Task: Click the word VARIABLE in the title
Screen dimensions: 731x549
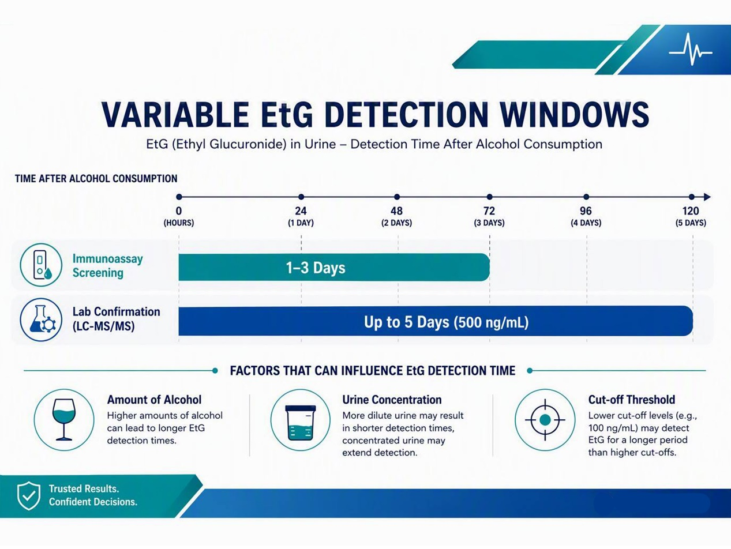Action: (175, 114)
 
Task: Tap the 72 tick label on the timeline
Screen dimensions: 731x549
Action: (489, 211)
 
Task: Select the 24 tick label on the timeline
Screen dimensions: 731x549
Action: (301, 211)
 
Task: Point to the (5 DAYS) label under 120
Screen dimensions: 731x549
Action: (691, 223)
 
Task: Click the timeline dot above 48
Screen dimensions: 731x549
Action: (396, 197)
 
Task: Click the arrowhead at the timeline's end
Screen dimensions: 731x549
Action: (707, 197)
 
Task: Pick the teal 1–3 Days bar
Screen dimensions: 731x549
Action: (334, 267)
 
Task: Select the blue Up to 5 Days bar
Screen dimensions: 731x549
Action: (436, 321)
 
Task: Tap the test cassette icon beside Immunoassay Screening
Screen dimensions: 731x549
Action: (41, 265)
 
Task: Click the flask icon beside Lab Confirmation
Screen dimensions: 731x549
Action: (41, 319)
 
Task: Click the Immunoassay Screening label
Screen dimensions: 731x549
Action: (107, 265)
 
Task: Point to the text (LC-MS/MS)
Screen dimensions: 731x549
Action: (104, 326)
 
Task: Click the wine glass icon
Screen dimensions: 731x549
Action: (64, 420)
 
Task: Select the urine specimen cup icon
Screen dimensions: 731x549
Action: (301, 423)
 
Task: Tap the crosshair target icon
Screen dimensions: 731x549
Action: (545, 420)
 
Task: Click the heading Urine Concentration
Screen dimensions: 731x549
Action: (392, 400)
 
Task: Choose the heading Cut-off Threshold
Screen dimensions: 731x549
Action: (631, 400)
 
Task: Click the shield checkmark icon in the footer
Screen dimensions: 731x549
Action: (29, 496)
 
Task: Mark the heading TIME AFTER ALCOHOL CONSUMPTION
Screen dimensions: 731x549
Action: (96, 179)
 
